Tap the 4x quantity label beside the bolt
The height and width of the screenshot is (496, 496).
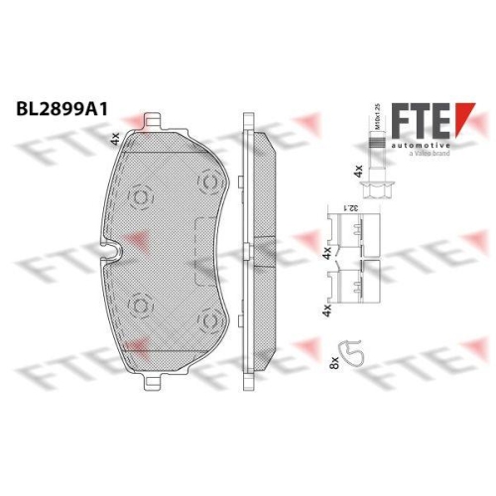pos(357,171)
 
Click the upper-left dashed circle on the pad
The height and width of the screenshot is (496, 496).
pos(141,197)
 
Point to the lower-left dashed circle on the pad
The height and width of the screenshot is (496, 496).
pos(141,305)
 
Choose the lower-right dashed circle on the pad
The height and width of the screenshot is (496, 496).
pos(208,321)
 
